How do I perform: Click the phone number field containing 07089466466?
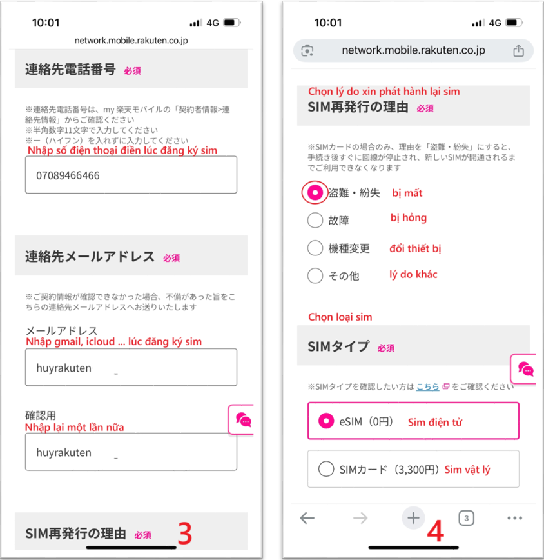(x=131, y=175)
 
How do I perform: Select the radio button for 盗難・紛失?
(x=315, y=193)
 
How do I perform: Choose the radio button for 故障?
(x=315, y=220)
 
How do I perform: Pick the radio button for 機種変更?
(x=315, y=248)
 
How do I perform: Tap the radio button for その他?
(x=315, y=275)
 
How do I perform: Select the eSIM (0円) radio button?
(x=326, y=421)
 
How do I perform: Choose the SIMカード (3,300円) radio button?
(x=326, y=469)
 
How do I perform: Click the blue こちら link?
(x=428, y=386)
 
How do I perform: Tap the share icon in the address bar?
(x=518, y=51)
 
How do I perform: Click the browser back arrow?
(x=307, y=518)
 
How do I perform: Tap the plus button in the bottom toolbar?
(x=413, y=518)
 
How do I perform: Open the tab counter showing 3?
(x=466, y=518)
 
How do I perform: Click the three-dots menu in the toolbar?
(x=515, y=518)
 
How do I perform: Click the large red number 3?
(x=185, y=533)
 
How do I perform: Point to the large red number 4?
(x=436, y=531)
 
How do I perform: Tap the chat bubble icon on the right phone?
(x=526, y=369)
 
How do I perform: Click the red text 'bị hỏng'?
(x=409, y=218)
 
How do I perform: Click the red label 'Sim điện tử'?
(x=435, y=422)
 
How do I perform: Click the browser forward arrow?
(x=360, y=518)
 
